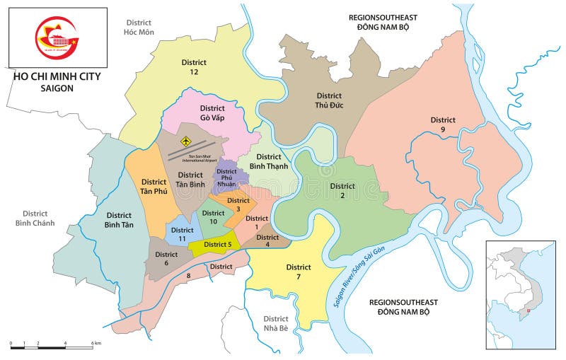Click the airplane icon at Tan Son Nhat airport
pos(186,141)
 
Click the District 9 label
pos(443,124)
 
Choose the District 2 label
pos(342,191)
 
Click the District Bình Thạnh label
pos(268,161)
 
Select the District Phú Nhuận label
pos(207,176)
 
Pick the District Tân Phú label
pos(154,187)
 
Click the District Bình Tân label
pos(119,220)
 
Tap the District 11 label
pos(182,235)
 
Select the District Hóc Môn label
pos(139,28)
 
